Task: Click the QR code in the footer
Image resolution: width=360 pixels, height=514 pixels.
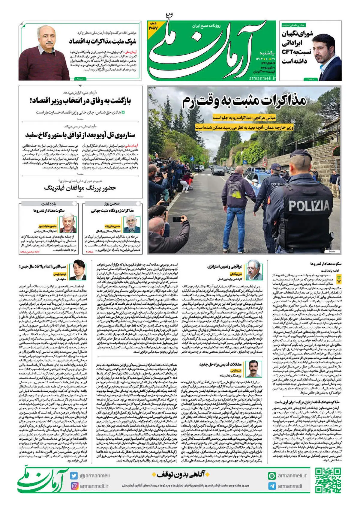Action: (328, 480)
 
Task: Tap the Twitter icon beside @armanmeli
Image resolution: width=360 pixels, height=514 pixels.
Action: (74, 476)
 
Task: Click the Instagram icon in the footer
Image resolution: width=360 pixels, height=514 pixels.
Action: (74, 486)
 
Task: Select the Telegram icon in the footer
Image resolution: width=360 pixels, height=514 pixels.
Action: (272, 486)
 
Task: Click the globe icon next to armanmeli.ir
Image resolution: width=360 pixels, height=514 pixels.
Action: (272, 476)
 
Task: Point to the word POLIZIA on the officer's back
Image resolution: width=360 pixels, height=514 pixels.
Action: (309, 206)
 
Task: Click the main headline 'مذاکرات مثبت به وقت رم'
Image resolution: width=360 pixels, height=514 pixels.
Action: (244, 101)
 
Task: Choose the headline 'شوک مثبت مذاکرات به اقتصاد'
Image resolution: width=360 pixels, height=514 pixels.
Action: (103, 41)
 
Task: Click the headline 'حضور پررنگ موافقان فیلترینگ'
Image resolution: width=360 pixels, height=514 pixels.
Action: (80, 188)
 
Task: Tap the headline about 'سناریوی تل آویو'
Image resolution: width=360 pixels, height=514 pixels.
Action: (80, 135)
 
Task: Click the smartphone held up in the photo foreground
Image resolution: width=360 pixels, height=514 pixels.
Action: (178, 219)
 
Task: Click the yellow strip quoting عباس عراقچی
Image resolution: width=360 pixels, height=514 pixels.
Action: (244, 118)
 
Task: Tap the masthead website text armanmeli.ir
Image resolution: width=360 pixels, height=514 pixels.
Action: (262, 78)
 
